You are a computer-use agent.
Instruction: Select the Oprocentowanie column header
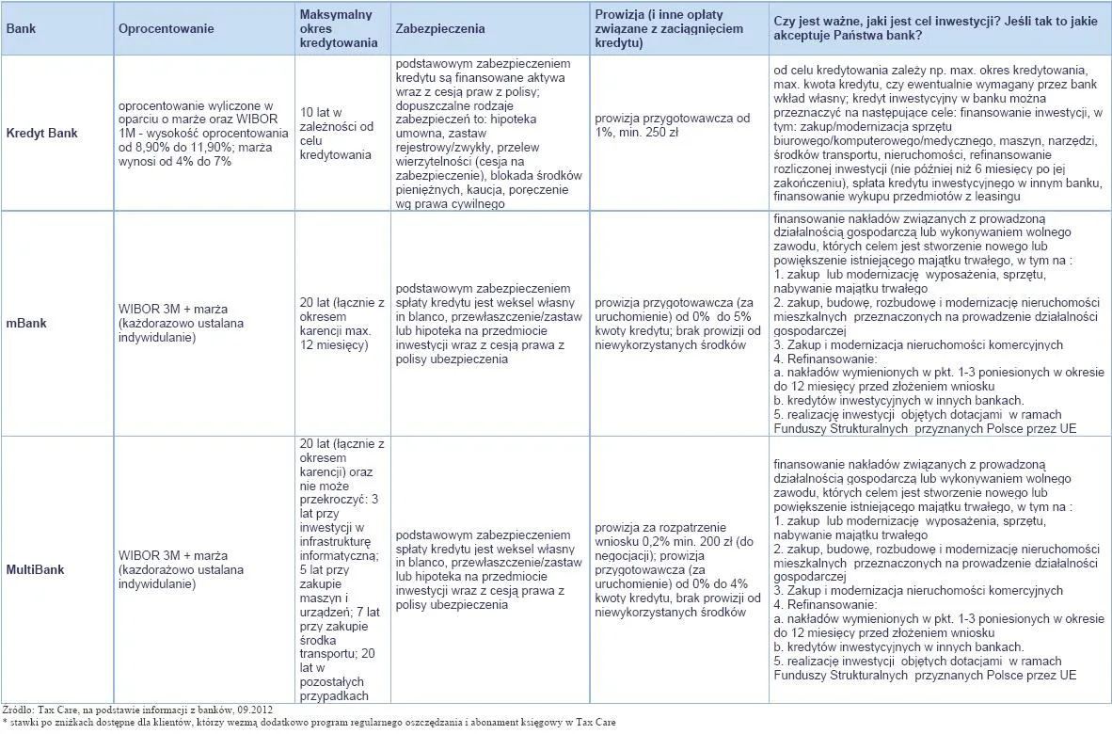(x=166, y=28)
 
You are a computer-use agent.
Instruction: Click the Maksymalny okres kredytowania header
(x=338, y=28)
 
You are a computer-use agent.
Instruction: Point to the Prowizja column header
(x=668, y=28)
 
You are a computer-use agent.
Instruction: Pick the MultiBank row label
(x=36, y=569)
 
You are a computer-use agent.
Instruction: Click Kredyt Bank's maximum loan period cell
(x=336, y=134)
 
